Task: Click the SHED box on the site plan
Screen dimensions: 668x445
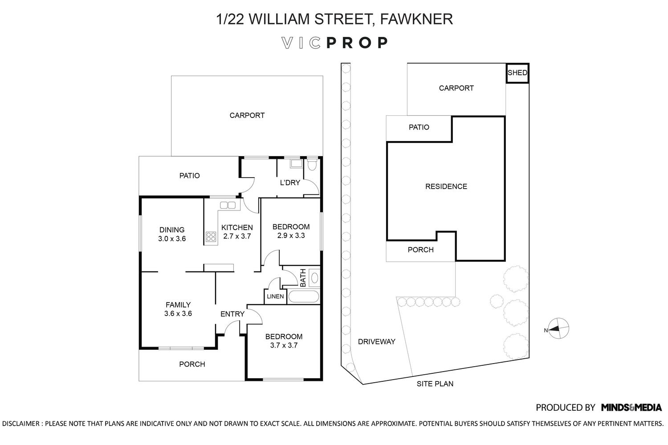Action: [x=517, y=73]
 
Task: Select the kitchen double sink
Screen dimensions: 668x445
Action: [x=228, y=205]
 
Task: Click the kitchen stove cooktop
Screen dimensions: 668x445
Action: [x=211, y=237]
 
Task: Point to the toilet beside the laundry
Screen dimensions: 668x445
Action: [x=312, y=164]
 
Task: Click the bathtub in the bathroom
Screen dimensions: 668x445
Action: [x=304, y=296]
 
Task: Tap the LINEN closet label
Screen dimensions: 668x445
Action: [x=275, y=296]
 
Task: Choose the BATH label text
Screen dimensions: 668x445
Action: [x=303, y=278]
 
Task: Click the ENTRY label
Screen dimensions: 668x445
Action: [x=232, y=314]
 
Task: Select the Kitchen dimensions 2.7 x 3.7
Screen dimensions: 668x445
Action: [x=237, y=236]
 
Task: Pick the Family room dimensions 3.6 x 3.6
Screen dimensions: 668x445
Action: [x=178, y=314]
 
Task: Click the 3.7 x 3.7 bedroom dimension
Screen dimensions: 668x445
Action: [x=284, y=345]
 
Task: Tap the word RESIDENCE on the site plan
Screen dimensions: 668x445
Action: [x=446, y=186]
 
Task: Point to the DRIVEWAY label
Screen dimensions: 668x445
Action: [x=377, y=342]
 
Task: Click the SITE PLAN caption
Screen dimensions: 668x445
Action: [x=435, y=384]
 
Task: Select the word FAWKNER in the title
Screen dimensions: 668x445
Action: [x=416, y=19]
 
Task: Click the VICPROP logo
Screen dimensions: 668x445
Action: [x=335, y=43]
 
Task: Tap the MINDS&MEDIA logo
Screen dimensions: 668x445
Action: [x=631, y=408]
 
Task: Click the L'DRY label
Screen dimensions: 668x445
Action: [x=290, y=183]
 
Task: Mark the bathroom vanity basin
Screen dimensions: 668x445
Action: [x=314, y=278]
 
